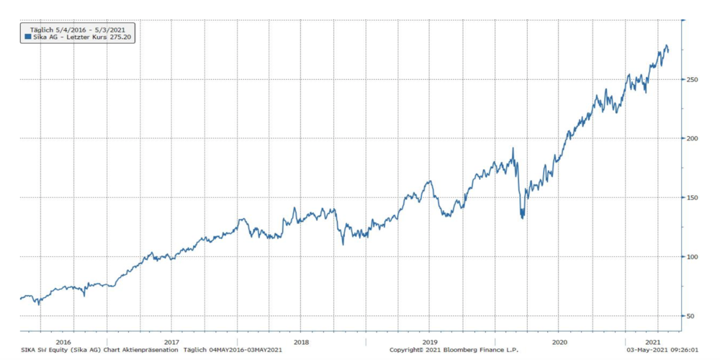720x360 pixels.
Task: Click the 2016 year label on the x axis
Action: (63, 342)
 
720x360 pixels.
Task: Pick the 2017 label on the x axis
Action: (171, 342)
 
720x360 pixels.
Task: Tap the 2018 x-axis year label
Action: (301, 342)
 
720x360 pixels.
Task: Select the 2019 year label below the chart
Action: (430, 342)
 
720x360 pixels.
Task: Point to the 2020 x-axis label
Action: (559, 342)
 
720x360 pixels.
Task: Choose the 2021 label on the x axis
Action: (652, 342)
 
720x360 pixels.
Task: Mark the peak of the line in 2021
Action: (666, 45)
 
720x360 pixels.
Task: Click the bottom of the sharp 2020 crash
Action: (522, 217)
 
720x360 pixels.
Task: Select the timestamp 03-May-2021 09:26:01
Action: (662, 350)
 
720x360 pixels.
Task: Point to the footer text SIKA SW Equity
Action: (44, 350)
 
